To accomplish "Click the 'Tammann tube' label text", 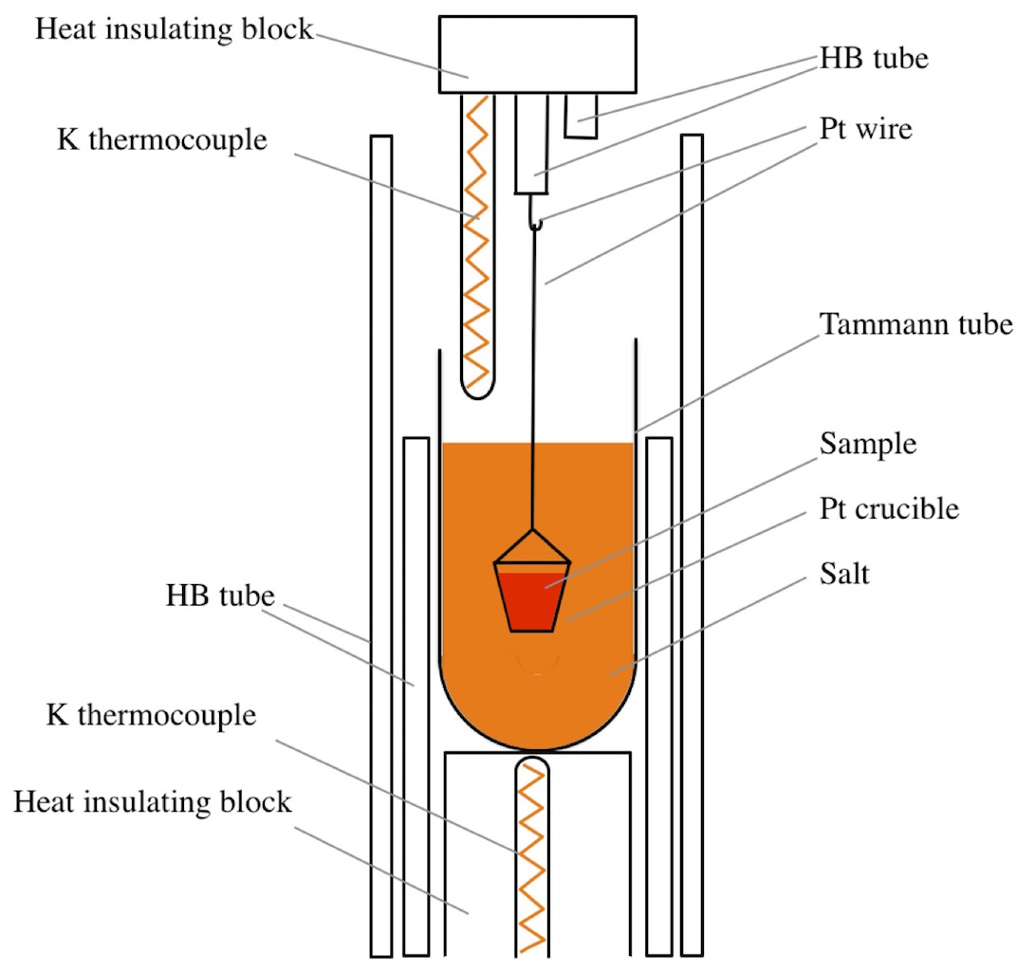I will (916, 325).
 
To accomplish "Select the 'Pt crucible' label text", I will (890, 509).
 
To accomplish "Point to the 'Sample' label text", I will (868, 445).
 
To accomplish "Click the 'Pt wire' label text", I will (865, 127).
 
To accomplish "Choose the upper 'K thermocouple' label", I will (161, 140).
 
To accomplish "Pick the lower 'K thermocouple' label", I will (151, 714).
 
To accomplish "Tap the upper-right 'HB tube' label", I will (874, 59).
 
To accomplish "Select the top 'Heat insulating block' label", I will (174, 29).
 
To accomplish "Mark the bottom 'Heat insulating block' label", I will (152, 802).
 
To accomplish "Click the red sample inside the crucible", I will (532, 602).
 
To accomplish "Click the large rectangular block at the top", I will (537, 54).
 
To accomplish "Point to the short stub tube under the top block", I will (582, 115).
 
